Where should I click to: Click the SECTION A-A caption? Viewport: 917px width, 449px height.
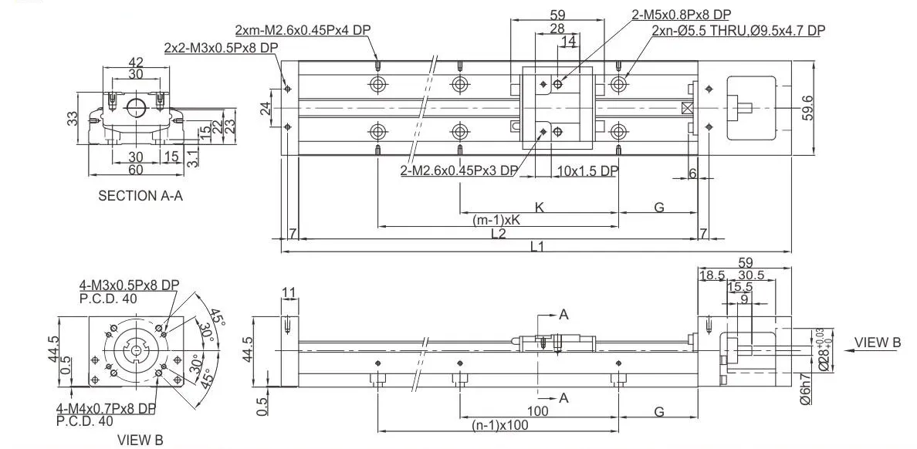[x=140, y=196]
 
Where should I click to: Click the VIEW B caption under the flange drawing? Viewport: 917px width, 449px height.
[x=140, y=441]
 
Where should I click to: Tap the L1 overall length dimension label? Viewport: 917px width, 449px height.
[x=537, y=247]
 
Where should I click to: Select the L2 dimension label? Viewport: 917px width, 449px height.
[x=499, y=234]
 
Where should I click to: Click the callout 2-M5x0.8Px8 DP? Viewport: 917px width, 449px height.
[x=681, y=15]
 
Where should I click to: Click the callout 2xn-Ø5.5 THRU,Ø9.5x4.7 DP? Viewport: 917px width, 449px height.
[x=738, y=31]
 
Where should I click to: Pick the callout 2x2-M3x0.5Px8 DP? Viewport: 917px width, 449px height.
[x=221, y=48]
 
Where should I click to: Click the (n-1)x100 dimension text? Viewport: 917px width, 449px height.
[x=500, y=425]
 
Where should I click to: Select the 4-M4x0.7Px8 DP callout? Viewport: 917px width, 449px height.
[x=106, y=408]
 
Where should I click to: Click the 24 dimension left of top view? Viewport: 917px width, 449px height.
[x=266, y=108]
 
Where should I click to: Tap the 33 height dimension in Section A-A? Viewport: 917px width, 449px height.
[x=72, y=119]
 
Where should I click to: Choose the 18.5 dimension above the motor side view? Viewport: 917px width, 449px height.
[x=710, y=275]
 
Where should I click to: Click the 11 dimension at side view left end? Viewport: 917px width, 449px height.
[x=289, y=292]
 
